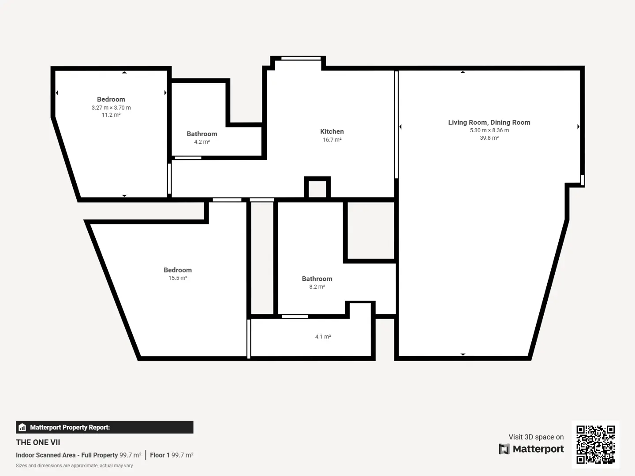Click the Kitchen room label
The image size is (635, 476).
(332, 131)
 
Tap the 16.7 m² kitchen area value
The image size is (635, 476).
(332, 140)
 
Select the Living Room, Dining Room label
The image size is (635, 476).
(489, 123)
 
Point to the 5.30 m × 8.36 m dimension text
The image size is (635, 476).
(489, 130)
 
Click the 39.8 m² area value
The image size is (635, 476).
(489, 138)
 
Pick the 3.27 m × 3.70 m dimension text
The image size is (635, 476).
(111, 108)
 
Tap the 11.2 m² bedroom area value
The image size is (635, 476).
(111, 115)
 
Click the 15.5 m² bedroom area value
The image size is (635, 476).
(178, 278)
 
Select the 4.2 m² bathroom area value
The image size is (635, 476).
(202, 142)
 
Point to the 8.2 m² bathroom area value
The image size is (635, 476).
(317, 286)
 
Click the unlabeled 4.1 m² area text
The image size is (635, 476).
(323, 337)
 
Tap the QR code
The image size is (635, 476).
(595, 445)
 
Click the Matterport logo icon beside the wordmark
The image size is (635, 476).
(504, 449)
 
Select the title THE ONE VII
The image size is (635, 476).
(38, 443)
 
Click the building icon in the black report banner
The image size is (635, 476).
(22, 427)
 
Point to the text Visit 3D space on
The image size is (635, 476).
(536, 437)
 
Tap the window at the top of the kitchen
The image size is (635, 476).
(301, 58)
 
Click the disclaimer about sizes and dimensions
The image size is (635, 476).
(75, 465)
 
